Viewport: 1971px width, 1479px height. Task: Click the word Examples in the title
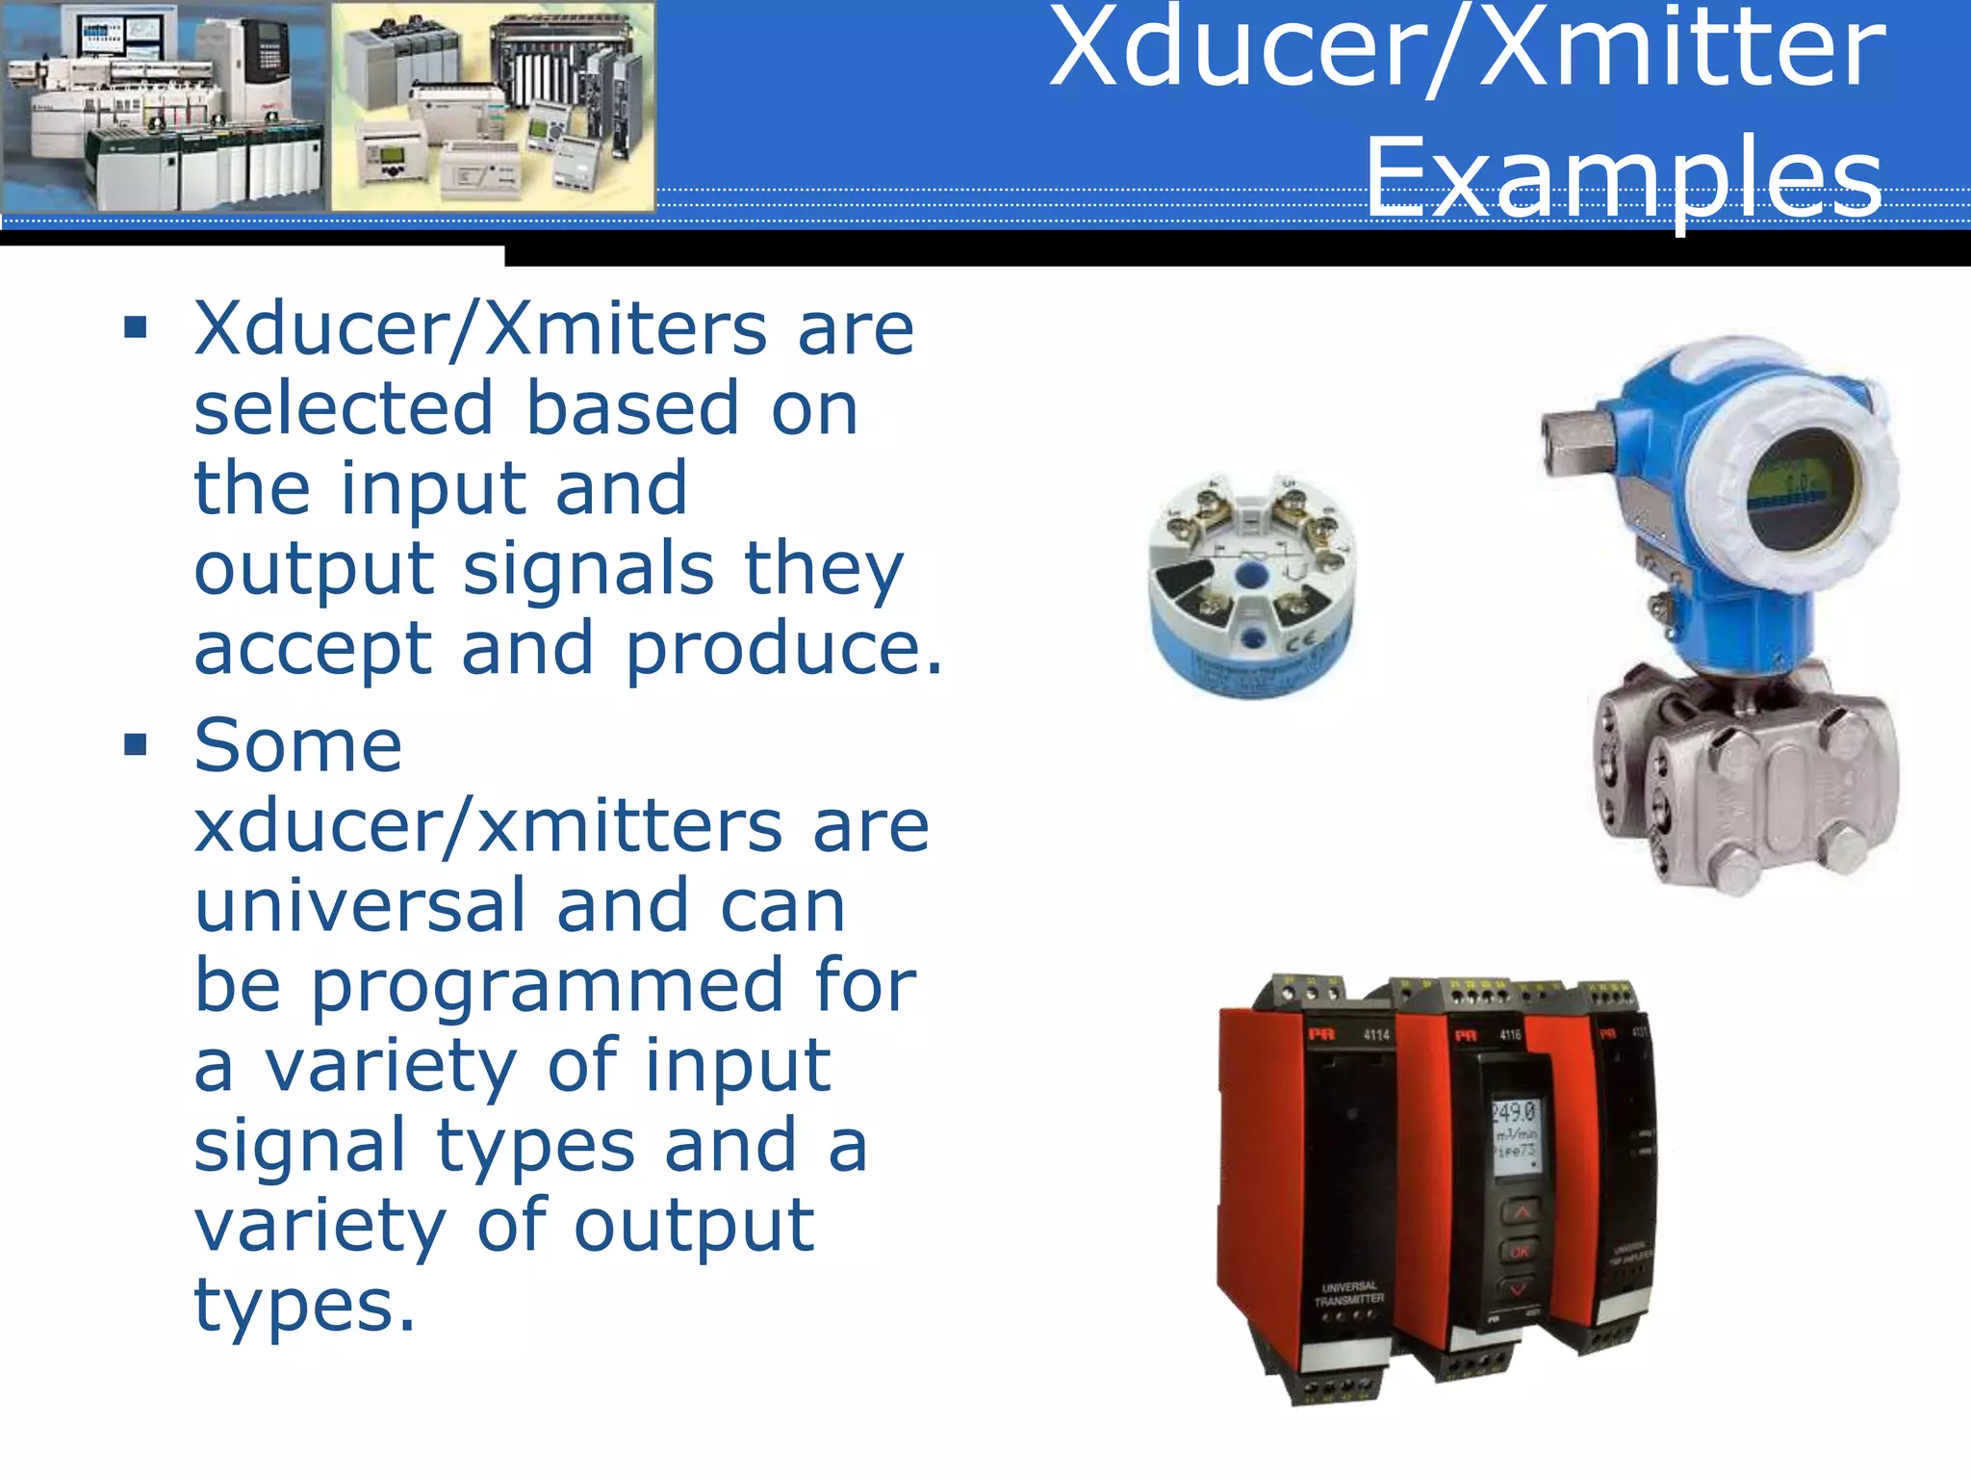point(1624,178)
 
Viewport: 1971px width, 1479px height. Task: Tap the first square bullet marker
point(136,328)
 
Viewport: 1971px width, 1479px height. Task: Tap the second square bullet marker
point(136,744)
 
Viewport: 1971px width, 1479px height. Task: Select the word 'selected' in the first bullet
point(344,408)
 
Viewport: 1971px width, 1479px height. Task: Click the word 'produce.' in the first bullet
point(783,648)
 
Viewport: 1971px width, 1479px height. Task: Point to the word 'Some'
point(297,745)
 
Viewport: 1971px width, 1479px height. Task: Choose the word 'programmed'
point(546,985)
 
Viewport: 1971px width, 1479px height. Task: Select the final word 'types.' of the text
point(304,1306)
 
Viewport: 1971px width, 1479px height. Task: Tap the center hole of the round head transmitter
point(1251,576)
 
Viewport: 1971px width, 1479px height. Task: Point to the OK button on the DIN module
point(1521,1252)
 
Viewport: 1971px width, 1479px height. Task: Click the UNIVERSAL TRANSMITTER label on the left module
point(1349,1293)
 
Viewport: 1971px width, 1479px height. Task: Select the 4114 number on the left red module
point(1376,1035)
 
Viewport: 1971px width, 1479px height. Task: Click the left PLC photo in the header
point(164,106)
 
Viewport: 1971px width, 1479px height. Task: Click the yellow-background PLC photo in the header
point(493,106)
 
